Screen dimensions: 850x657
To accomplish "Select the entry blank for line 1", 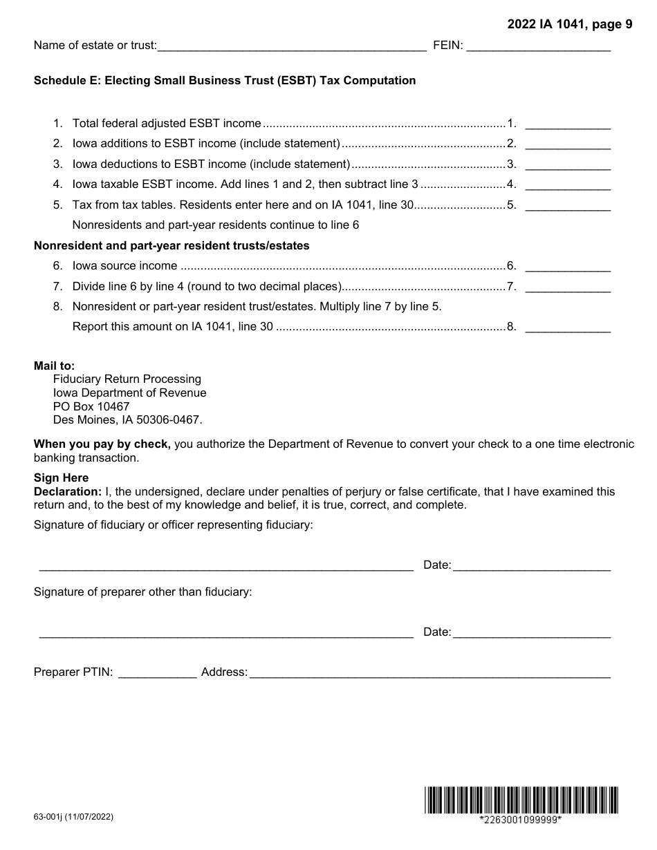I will (x=568, y=124).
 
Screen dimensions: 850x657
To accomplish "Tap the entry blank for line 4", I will (x=568, y=185).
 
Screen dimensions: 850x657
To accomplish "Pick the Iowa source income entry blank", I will (x=568, y=266).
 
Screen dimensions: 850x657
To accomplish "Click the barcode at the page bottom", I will (x=521, y=800).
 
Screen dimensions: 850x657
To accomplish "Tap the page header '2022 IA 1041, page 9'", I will (x=569, y=25).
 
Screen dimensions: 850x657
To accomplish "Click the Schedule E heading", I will (x=225, y=80).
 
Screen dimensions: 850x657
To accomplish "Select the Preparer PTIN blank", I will (x=158, y=672).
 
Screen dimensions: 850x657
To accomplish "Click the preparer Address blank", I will (x=429, y=672).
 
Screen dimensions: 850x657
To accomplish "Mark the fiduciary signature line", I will (x=226, y=565).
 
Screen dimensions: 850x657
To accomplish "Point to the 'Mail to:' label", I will (x=54, y=366).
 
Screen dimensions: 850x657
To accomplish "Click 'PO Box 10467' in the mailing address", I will (x=91, y=406).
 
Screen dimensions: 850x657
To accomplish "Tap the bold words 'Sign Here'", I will (x=61, y=478).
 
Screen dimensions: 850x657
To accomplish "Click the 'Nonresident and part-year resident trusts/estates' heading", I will (x=172, y=245).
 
